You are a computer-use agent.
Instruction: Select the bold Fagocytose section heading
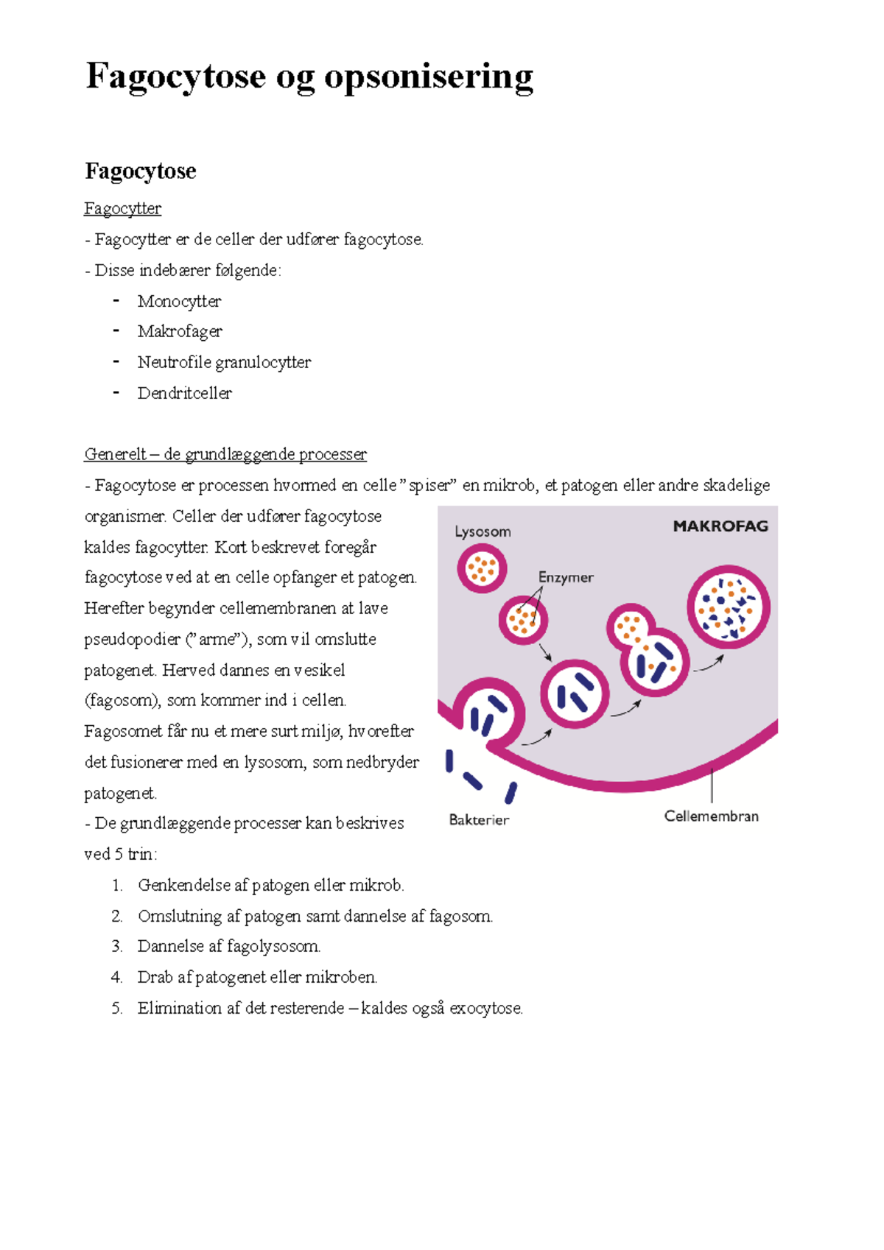[141, 172]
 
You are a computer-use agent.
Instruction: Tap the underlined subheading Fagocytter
[122, 209]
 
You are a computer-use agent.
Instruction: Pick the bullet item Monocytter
[179, 302]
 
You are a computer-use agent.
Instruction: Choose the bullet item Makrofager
[180, 332]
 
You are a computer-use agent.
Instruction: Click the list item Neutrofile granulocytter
[224, 363]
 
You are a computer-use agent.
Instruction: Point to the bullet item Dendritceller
[184, 394]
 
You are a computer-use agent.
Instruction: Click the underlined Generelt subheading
[225, 455]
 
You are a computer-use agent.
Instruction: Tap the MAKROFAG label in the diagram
[720, 526]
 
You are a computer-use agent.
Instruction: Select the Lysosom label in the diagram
[483, 532]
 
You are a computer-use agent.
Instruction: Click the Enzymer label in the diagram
[566, 578]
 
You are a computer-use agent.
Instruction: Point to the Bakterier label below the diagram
[479, 820]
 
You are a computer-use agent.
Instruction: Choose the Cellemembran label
[711, 816]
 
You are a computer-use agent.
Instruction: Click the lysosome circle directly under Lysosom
[482, 568]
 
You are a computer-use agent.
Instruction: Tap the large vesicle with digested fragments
[728, 607]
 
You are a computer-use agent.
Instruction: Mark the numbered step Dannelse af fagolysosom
[228, 947]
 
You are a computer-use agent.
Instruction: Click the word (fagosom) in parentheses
[122, 701]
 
